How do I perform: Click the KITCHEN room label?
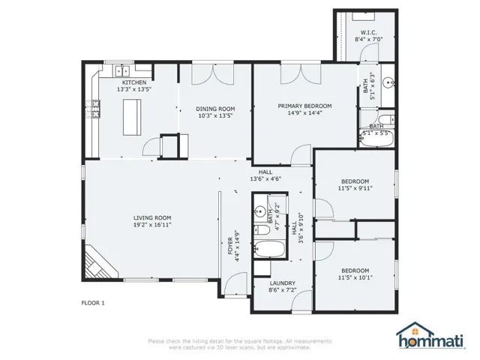134,82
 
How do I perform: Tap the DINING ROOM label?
215,108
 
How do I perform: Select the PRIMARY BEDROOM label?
304,106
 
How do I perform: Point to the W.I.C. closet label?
367,32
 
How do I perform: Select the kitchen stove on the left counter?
94,111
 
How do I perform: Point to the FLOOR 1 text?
93,303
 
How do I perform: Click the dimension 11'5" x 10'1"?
355,277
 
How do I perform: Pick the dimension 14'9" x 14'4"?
304,113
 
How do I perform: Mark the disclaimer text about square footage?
239,344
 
